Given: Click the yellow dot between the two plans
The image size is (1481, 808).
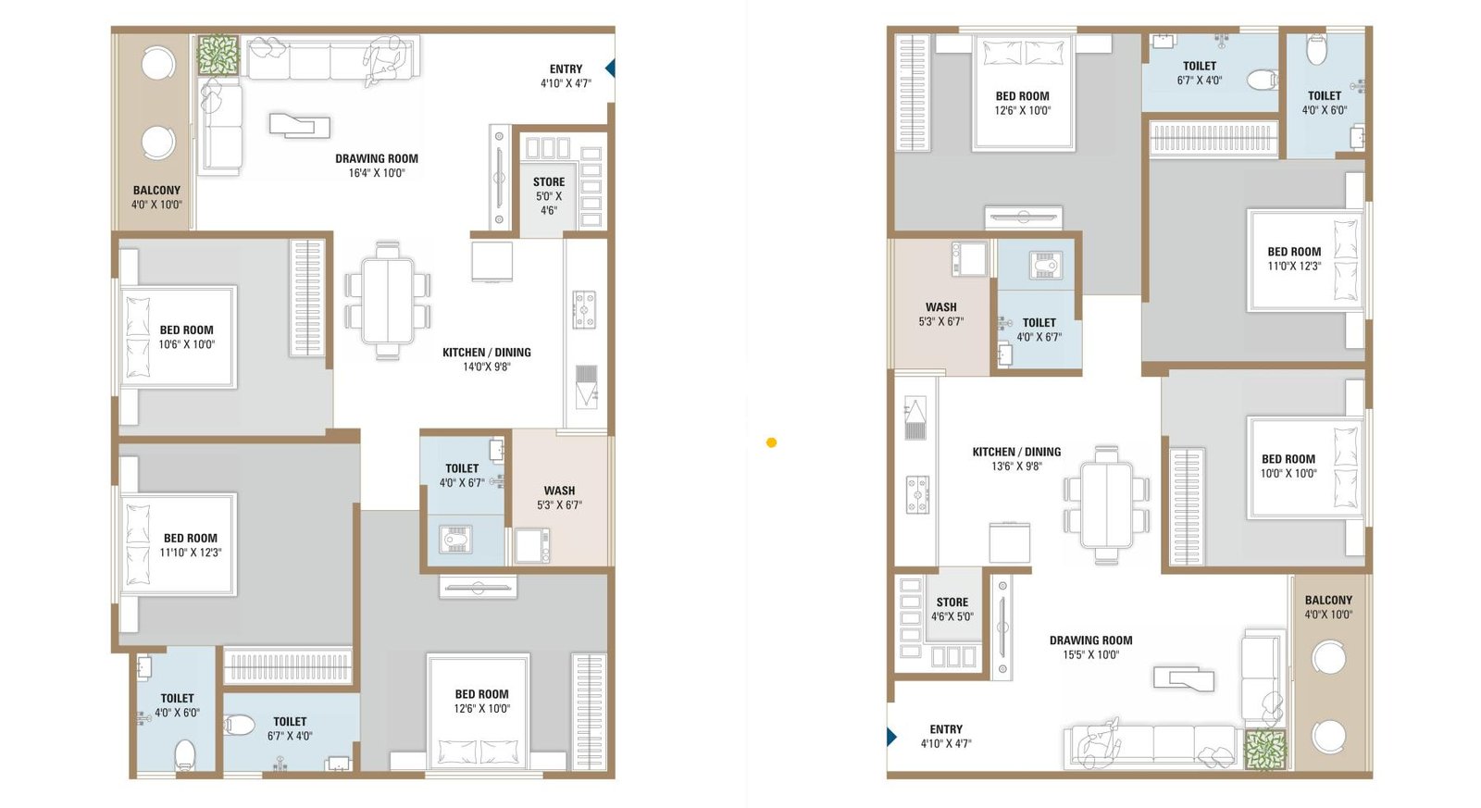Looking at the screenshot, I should coord(771,442).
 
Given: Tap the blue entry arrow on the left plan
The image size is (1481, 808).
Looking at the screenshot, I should coord(610,68).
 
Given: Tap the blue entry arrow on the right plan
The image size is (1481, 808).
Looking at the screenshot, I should coord(891,737).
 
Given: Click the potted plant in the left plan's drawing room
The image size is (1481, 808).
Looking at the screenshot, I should coord(218,56).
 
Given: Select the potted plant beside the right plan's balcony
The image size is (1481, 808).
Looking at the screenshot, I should coord(1264,750).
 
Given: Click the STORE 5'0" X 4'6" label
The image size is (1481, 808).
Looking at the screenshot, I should coord(549,196).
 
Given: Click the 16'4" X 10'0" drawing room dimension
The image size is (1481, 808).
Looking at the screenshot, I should coord(376,173).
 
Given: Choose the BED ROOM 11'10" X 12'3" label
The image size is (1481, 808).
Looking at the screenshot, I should coord(191,545).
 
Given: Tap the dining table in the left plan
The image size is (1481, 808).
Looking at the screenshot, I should coord(388,301).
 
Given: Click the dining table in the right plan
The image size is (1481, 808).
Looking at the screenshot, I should coord(1106,505).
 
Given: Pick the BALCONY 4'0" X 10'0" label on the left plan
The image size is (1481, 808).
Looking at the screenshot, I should coord(156,197).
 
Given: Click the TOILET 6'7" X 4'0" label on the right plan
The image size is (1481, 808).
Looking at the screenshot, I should coord(1199,73).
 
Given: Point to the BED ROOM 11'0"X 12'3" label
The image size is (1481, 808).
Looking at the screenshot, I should coord(1294,258).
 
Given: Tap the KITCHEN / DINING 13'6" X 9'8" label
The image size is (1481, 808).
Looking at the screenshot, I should coord(1016,459).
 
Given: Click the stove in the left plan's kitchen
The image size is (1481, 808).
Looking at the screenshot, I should coord(584,309).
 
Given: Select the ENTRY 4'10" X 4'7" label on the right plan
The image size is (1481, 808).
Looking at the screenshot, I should coord(946,736).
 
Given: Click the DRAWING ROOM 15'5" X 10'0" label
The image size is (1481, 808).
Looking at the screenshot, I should coord(1090,647).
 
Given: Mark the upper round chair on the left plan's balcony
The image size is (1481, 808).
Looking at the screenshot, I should coord(158,65).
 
